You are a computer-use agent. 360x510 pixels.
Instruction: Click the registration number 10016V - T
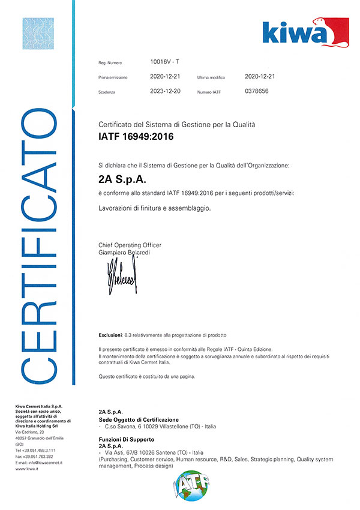click(165, 61)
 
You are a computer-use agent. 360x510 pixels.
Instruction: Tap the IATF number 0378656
click(257, 91)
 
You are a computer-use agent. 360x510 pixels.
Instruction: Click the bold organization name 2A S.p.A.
click(122, 179)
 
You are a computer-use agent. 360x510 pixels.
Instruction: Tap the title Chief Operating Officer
click(130, 245)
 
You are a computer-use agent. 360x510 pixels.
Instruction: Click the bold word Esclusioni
click(110, 333)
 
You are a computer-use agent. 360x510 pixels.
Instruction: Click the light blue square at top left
click(38, 34)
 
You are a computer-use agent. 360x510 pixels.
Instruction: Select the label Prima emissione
click(113, 77)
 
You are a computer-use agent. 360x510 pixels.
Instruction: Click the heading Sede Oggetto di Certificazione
click(138, 419)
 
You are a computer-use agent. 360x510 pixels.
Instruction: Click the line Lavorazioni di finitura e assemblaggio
click(155, 208)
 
